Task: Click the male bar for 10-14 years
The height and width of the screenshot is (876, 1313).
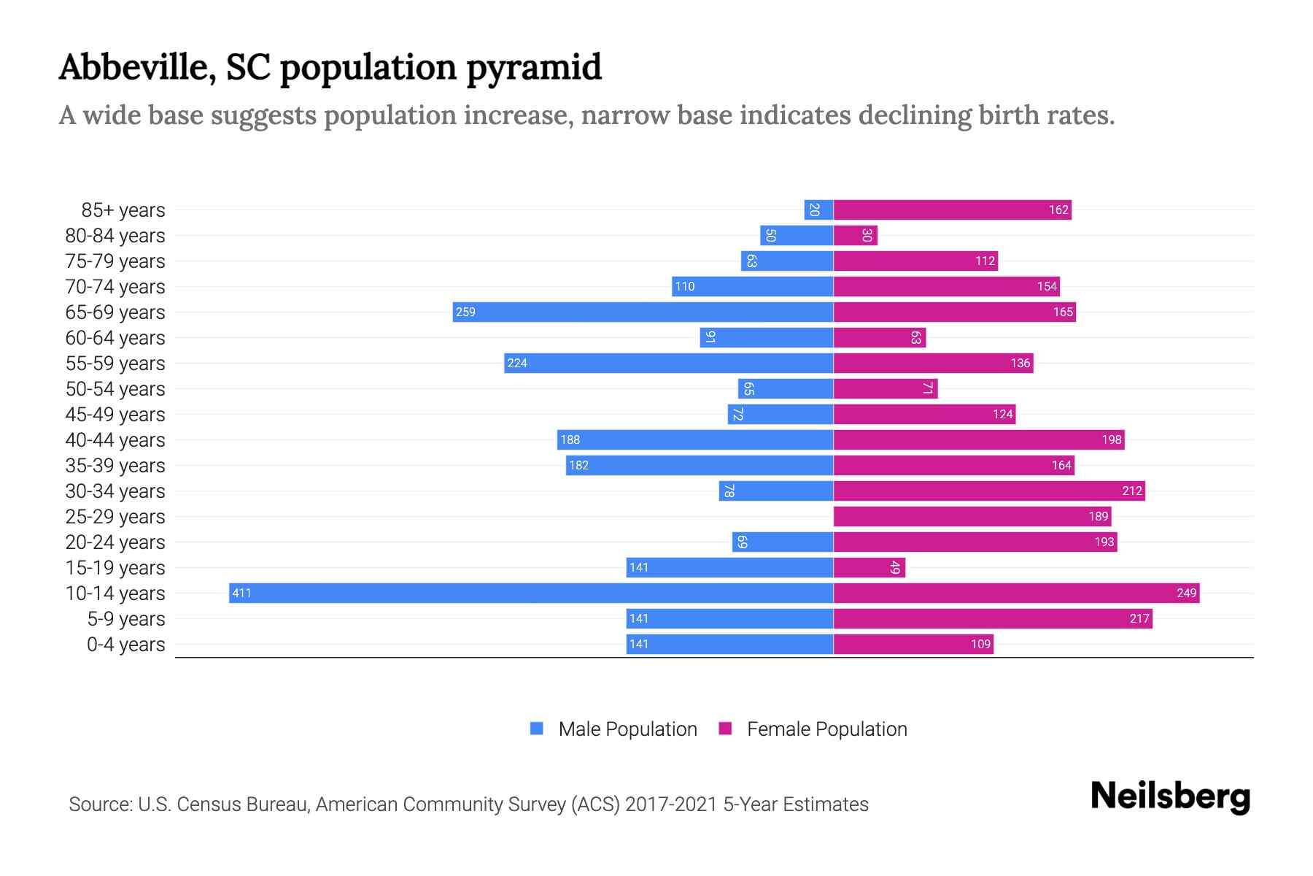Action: pyautogui.click(x=531, y=593)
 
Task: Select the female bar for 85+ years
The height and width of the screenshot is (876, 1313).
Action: pyautogui.click(x=952, y=210)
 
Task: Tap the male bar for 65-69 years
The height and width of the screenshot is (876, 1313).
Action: pyautogui.click(x=643, y=312)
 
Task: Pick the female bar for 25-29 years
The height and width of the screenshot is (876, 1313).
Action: pyautogui.click(x=972, y=517)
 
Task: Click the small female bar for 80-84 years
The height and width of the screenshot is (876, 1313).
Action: pyautogui.click(x=855, y=236)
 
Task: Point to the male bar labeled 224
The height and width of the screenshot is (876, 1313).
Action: pyautogui.click(x=668, y=364)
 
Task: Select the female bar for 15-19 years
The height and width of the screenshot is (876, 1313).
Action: pyautogui.click(x=869, y=568)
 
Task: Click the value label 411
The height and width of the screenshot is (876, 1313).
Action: pyautogui.click(x=241, y=593)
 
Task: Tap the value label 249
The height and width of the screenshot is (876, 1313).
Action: pyautogui.click(x=1186, y=593)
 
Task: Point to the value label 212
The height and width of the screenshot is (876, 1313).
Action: pyautogui.click(x=1131, y=491)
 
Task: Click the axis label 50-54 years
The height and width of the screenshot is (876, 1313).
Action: pyautogui.click(x=115, y=389)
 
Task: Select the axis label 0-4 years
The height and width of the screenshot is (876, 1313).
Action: pyautogui.click(x=125, y=645)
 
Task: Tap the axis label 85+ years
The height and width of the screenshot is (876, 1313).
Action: pyautogui.click(x=123, y=210)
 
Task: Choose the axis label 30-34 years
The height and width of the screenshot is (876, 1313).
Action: pyautogui.click(x=115, y=491)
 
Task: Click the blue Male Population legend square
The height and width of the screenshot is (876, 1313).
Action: pyautogui.click(x=537, y=729)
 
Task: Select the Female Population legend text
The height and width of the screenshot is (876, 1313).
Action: pyautogui.click(x=826, y=729)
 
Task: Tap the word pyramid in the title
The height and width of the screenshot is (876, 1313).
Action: pyautogui.click(x=533, y=68)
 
